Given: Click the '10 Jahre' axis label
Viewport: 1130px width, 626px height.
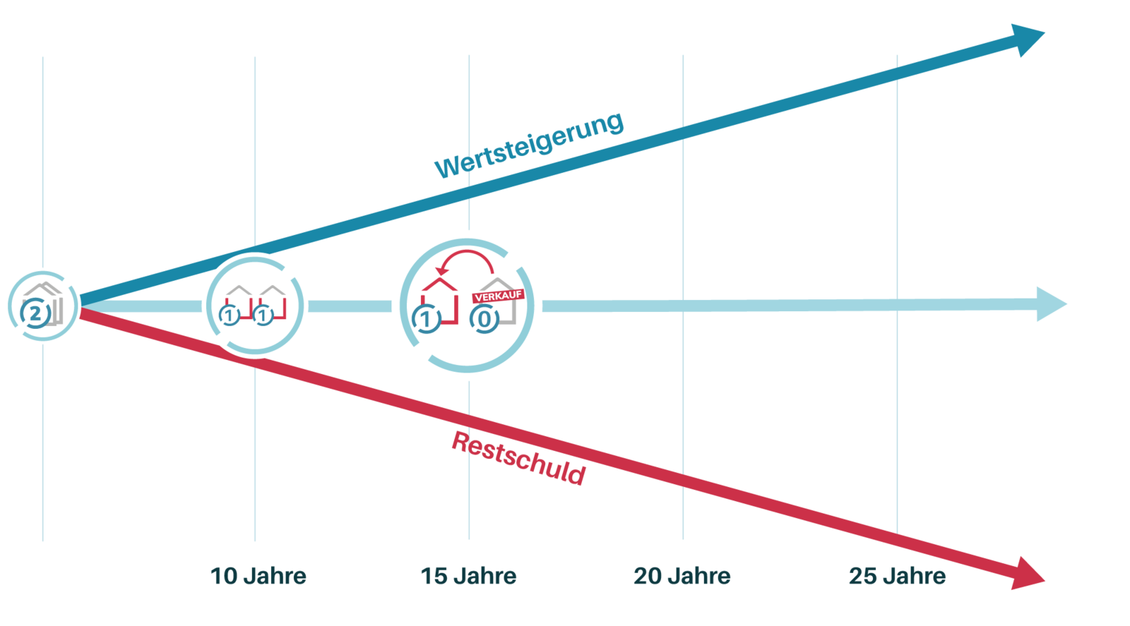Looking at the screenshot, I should point(258,576).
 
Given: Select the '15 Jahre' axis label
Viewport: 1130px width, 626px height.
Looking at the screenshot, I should point(468,576).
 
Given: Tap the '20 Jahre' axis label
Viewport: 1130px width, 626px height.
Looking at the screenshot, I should point(682,576).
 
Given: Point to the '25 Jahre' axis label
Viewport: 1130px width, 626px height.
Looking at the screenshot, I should point(897,576).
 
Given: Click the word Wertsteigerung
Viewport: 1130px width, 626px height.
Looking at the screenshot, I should point(529,146).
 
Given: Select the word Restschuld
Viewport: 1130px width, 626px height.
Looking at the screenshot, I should point(518,458).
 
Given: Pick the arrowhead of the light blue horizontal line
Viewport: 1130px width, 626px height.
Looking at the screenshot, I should point(1052,304).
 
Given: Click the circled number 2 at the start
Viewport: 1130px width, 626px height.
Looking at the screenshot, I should point(35,314).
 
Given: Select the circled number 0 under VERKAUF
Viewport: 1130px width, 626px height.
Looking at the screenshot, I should point(484,320).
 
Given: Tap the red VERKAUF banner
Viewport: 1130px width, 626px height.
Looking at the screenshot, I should point(499,296).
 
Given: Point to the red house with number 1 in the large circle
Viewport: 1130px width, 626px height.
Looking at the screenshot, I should point(440,299).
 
